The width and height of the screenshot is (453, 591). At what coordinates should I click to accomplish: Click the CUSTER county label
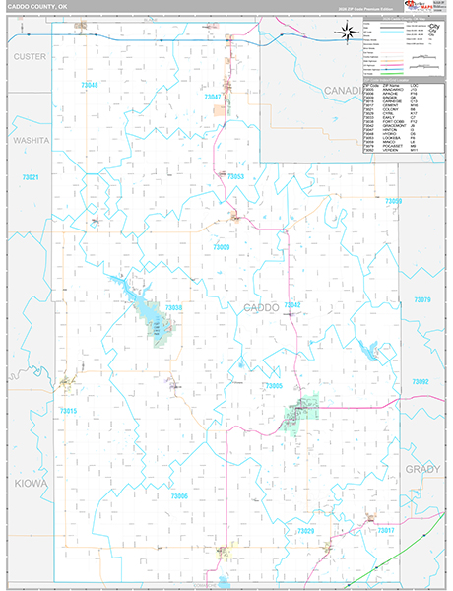(x=30, y=56)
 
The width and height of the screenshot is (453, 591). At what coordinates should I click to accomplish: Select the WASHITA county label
(x=31, y=141)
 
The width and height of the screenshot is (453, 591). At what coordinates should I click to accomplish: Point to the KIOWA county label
(x=31, y=483)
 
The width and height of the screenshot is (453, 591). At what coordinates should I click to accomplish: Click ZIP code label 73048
(x=89, y=86)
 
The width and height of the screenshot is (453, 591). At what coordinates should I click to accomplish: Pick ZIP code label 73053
(x=233, y=176)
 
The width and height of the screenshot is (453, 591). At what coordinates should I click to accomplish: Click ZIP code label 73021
(x=30, y=177)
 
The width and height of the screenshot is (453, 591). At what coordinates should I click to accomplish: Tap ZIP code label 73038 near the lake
(x=173, y=308)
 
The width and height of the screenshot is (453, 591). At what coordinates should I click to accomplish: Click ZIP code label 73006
(x=179, y=496)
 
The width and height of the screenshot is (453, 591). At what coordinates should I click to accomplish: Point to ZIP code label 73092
(x=421, y=381)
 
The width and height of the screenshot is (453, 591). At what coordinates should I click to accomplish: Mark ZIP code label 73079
(x=421, y=299)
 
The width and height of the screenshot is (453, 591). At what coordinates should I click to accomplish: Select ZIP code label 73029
(x=306, y=531)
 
